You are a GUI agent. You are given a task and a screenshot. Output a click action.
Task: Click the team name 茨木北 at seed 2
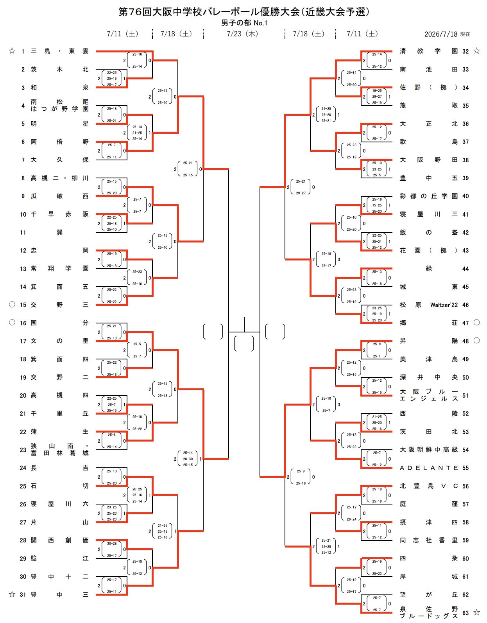click(x=59, y=69)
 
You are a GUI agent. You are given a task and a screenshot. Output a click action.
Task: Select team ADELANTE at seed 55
click(x=428, y=468)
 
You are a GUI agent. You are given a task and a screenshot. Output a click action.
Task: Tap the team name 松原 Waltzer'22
click(x=428, y=305)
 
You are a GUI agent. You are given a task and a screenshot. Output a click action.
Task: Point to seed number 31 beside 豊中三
click(x=23, y=594)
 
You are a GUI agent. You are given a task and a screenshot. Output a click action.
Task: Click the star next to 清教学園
click(x=476, y=51)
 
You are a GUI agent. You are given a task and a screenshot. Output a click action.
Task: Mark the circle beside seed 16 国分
click(x=12, y=323)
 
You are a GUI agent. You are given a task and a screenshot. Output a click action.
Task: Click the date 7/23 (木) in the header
click(x=242, y=34)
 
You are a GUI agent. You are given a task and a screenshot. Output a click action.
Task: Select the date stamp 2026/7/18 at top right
click(x=441, y=34)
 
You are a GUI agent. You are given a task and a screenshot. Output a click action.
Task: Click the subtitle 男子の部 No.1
click(x=244, y=23)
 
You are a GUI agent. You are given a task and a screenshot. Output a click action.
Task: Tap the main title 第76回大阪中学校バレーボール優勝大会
click(x=209, y=12)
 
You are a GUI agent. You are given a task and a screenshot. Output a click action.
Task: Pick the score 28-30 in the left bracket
click(x=188, y=459)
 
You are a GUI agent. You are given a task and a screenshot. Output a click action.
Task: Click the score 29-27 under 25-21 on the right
click(x=301, y=193)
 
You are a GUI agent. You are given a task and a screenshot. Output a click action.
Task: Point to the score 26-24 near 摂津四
click(x=351, y=519)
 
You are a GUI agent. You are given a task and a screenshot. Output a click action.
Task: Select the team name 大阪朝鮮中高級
click(x=428, y=449)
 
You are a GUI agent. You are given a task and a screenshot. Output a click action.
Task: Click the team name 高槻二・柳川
click(x=59, y=178)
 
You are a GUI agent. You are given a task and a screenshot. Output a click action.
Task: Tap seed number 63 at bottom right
click(x=466, y=613)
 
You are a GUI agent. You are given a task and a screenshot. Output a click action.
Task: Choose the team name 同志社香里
click(x=428, y=540)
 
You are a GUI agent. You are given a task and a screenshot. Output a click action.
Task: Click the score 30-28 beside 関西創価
click(x=112, y=543)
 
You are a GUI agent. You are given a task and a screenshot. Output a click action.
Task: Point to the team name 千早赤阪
click(x=59, y=214)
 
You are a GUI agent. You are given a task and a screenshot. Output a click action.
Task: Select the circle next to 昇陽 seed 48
click(x=476, y=340)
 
